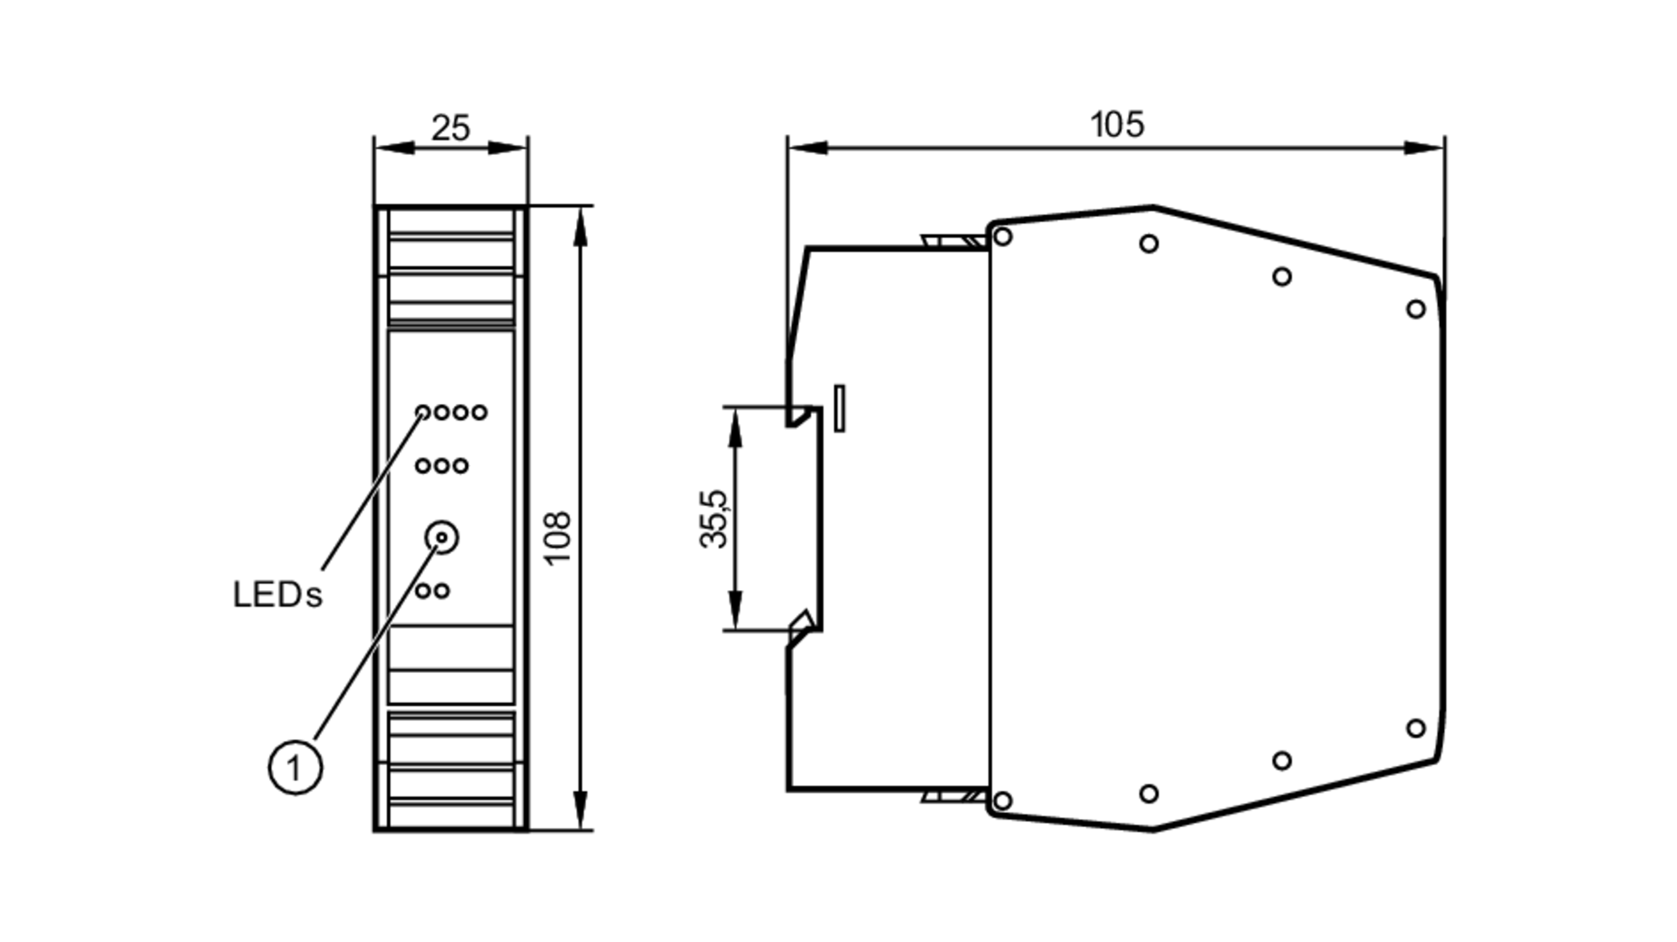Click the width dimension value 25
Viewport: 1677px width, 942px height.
(x=450, y=128)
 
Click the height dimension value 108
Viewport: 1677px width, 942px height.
(x=558, y=537)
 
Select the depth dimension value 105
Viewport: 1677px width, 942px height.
(x=1116, y=125)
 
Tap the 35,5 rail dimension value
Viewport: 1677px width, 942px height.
(x=714, y=519)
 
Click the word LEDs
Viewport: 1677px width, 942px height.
(x=277, y=595)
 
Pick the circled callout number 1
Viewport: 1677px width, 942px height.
(x=295, y=767)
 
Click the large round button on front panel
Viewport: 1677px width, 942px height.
(x=442, y=537)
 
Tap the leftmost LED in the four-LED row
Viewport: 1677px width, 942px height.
(x=423, y=412)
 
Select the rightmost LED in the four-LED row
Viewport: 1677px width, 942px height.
(x=479, y=412)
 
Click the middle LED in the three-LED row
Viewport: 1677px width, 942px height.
(x=442, y=466)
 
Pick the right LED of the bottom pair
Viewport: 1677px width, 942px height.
(x=442, y=591)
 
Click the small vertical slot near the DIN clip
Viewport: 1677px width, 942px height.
(x=839, y=408)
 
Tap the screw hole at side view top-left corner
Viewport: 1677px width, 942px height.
(x=1002, y=236)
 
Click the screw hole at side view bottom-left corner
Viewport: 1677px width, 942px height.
(x=1002, y=800)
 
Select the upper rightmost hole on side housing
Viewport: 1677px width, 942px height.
(x=1415, y=309)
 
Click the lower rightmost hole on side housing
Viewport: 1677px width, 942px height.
(x=1415, y=728)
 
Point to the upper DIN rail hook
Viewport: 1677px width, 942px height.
(x=801, y=416)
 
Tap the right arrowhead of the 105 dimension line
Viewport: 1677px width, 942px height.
(x=1425, y=148)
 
